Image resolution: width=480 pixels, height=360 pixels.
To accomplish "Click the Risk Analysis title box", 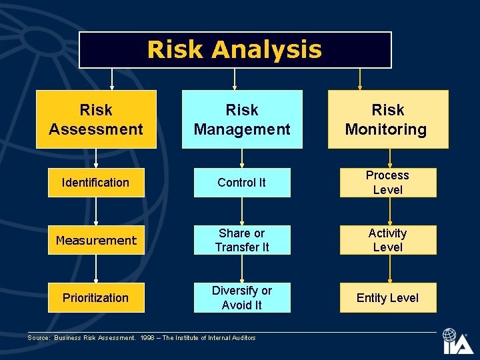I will click(235, 50).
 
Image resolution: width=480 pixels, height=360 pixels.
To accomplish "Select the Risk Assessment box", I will click(96, 119).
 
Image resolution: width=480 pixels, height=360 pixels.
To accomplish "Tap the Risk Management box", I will click(242, 119).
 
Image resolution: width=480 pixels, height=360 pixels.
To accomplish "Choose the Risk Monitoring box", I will click(387, 119).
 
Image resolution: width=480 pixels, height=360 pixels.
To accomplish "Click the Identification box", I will click(96, 183).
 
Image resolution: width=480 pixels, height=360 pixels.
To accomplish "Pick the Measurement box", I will click(96, 240).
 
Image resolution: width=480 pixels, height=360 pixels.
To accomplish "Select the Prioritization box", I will click(96, 298).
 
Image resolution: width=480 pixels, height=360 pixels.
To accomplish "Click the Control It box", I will click(242, 183).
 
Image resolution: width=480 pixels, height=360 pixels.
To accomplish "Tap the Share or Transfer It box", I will click(242, 240).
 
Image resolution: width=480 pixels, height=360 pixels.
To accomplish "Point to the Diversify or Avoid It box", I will click(242, 298).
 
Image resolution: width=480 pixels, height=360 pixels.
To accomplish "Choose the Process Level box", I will click(387, 183).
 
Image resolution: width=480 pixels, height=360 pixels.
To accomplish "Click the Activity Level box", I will click(387, 240).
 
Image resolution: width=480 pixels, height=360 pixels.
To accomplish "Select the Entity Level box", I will click(387, 298).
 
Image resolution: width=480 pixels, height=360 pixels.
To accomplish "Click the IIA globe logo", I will click(457, 341).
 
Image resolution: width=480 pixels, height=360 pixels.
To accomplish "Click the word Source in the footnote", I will click(39, 338).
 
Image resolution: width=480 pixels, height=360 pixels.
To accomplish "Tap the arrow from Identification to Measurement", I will click(96, 211).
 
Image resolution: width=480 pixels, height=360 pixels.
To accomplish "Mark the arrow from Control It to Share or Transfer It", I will click(242, 211).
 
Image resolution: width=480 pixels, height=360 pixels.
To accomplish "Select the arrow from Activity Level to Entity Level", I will click(389, 269).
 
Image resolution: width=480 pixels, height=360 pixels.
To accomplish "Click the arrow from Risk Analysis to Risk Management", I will click(235, 79).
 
